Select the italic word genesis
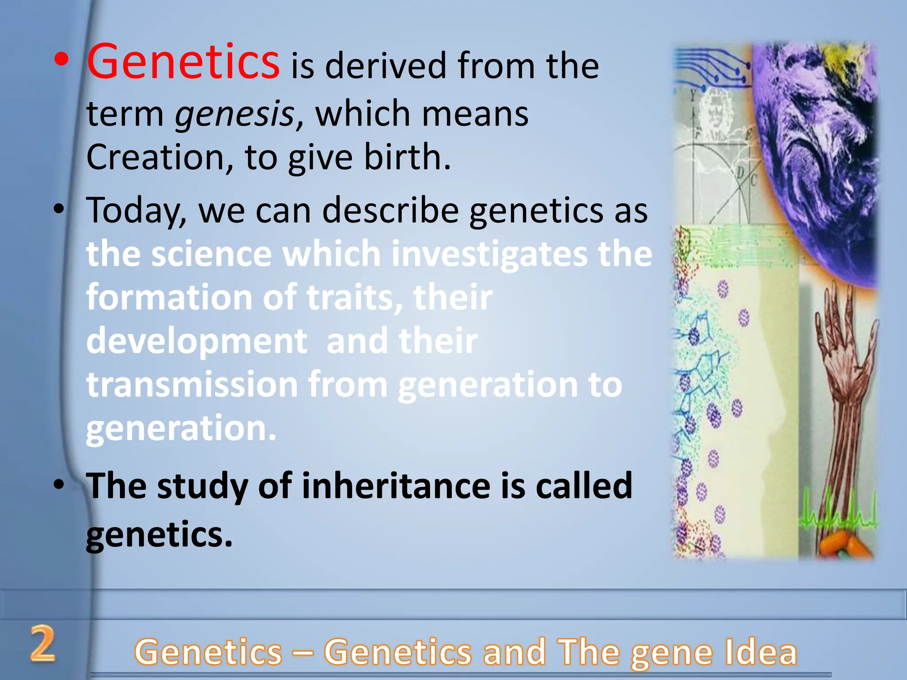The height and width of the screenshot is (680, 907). click(235, 114)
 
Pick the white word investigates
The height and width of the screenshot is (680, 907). click(489, 255)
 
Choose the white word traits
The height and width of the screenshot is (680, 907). click(354, 297)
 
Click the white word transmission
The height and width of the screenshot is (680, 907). click(192, 384)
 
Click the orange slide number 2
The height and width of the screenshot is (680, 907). click(43, 644)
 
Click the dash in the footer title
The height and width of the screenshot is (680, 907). click(303, 653)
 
